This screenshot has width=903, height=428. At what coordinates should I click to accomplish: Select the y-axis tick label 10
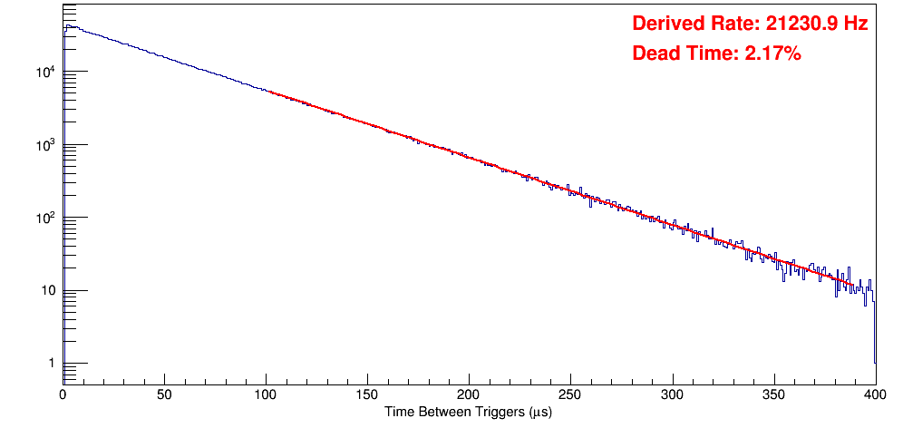coord(49,291)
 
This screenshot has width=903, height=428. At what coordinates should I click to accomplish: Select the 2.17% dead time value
coord(772,54)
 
